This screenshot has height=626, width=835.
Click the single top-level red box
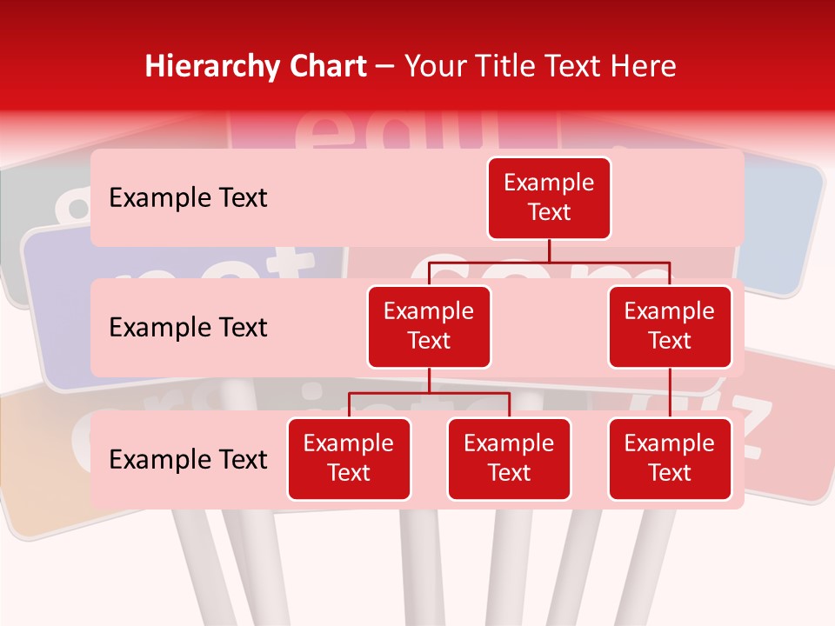coord(549,198)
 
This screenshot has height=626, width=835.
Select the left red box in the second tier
coord(429,327)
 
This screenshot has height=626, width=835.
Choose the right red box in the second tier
coord(670,327)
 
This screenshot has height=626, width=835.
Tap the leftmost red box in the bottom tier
coord(349,459)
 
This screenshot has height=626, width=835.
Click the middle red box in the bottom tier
coord(509,459)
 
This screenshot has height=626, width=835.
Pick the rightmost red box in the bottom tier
coord(670,459)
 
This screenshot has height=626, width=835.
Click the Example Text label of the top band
coord(188,198)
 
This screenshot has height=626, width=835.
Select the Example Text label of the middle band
coord(188,328)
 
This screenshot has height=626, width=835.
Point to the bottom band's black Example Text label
coord(188,460)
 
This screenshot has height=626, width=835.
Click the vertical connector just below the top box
coord(549,250)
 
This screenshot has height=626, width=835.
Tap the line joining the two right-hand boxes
coord(670,393)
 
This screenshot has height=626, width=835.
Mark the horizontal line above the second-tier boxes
coord(549,262)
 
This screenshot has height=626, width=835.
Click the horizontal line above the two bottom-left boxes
coord(429,393)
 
